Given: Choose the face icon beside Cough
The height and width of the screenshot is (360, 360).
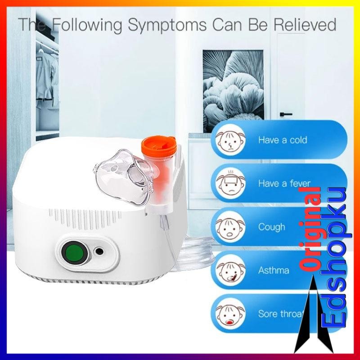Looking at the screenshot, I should pyautogui.click(x=229, y=226).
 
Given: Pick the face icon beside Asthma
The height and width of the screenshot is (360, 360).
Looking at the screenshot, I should pyautogui.click(x=229, y=270).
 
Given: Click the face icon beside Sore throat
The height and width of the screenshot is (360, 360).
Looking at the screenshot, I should pyautogui.click(x=229, y=313).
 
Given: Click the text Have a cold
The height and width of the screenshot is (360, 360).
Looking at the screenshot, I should pyautogui.click(x=282, y=140).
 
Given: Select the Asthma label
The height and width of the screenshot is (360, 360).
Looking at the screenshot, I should pyautogui.click(x=274, y=270).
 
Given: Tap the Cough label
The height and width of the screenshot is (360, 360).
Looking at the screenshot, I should pyautogui.click(x=271, y=226).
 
